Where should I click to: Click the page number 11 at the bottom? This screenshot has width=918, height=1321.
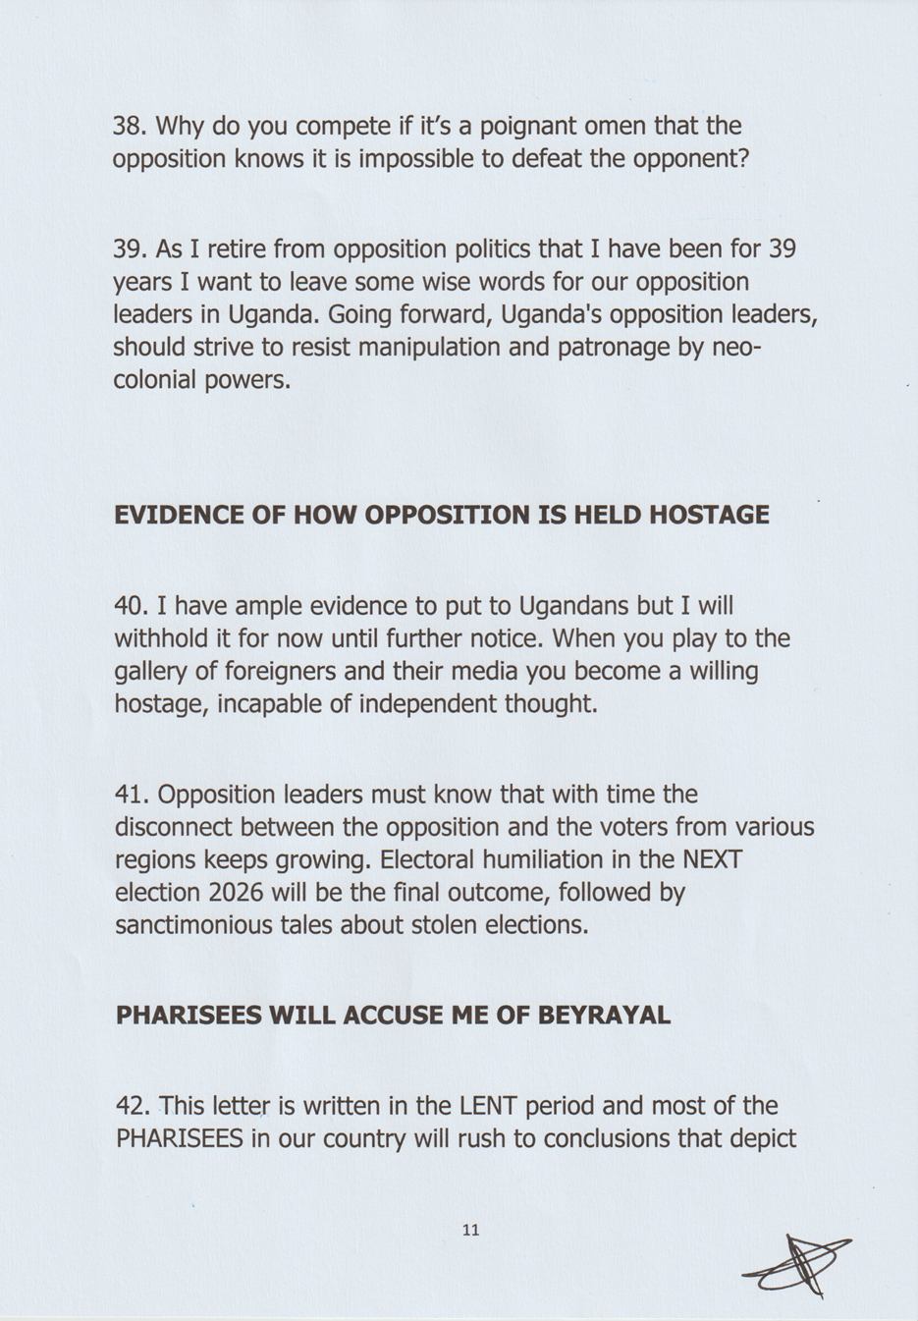pyautogui.click(x=470, y=1230)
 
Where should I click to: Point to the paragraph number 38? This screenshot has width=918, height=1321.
pyautogui.click(x=130, y=126)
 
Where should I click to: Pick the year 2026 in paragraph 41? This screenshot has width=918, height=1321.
pyautogui.click(x=236, y=892)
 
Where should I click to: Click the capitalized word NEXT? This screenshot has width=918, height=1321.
pyautogui.click(x=712, y=859)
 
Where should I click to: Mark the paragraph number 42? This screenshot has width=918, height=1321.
pyautogui.click(x=133, y=1106)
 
